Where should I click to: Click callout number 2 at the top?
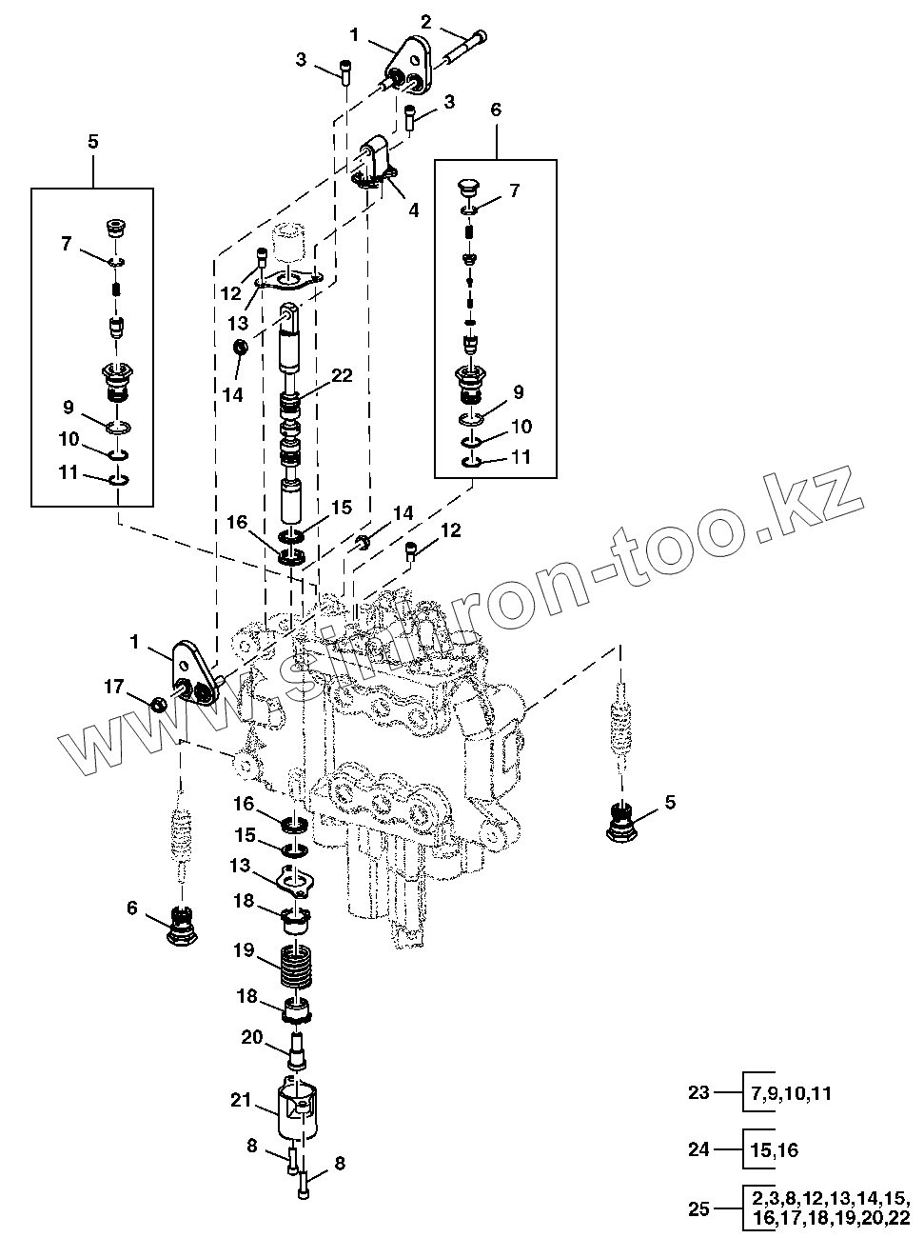425,21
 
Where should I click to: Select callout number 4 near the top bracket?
413,210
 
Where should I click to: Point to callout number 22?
343,375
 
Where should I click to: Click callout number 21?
242,1101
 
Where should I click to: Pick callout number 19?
242,949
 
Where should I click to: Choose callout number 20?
251,1038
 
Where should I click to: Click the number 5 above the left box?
92,141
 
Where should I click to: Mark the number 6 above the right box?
495,110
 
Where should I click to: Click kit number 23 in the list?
699,1092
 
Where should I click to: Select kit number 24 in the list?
699,1149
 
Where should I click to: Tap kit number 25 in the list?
699,1208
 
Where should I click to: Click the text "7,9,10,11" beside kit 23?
790,1092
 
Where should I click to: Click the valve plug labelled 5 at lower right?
622,820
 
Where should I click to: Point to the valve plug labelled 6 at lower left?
181,923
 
